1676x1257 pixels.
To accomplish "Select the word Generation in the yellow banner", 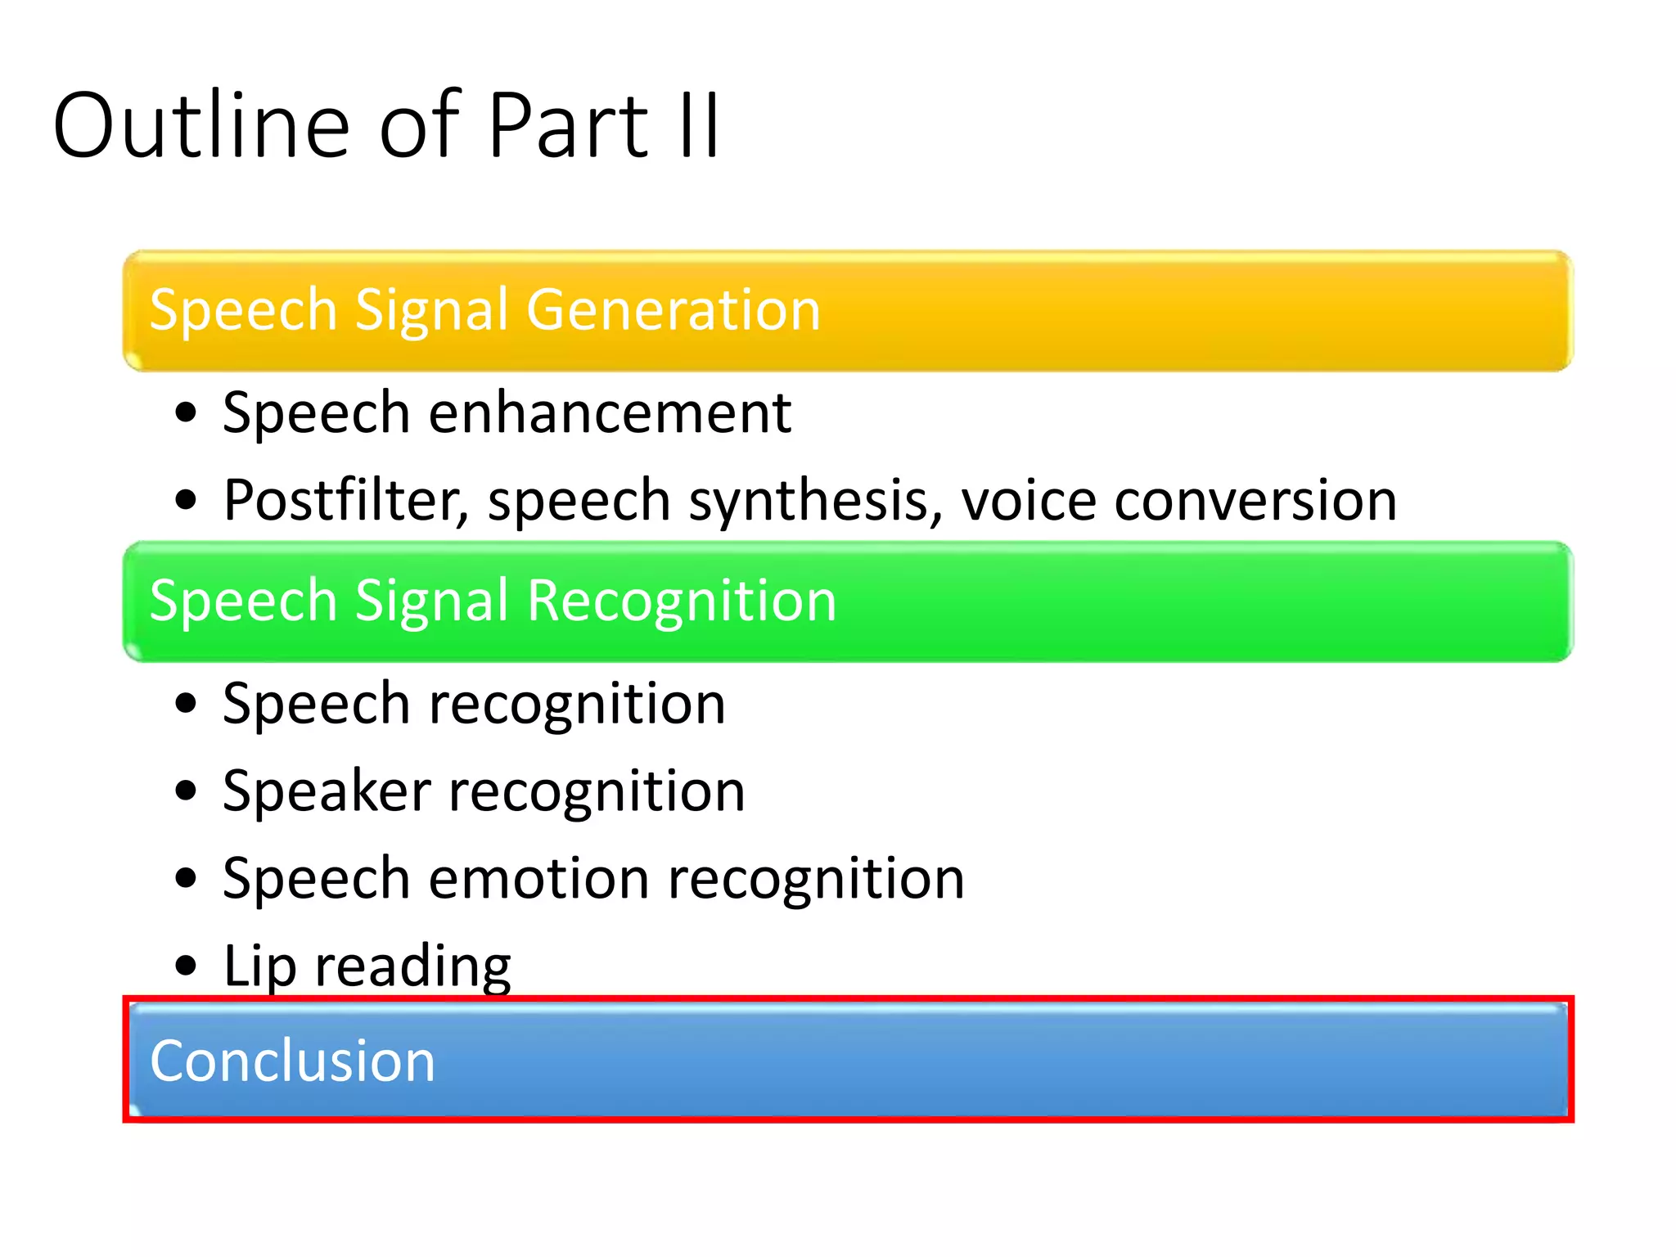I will (x=673, y=311).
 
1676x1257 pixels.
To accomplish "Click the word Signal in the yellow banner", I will (x=437, y=311).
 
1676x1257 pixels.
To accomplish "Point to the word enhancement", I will (x=610, y=412).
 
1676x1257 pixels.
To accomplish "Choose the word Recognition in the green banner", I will (x=682, y=601).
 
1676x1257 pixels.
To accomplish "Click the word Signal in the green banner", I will (x=437, y=601).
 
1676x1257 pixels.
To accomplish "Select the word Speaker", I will (x=327, y=792).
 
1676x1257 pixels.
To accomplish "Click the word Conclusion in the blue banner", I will (x=292, y=1061).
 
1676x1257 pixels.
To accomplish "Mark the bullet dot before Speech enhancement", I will (x=187, y=413).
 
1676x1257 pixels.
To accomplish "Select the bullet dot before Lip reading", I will (x=187, y=966).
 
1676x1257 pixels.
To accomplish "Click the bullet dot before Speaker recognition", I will (x=187, y=791).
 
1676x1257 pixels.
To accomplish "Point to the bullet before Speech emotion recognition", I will (x=187, y=879).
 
